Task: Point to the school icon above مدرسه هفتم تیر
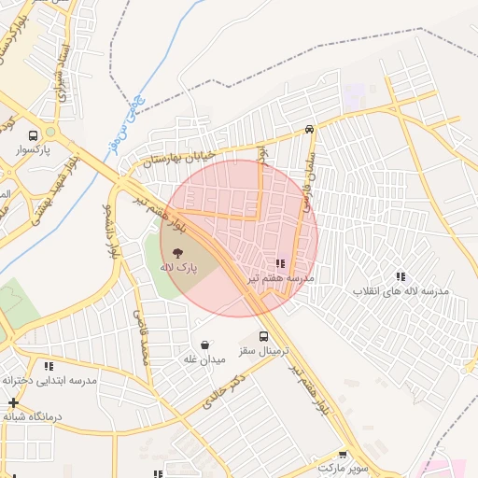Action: click(x=281, y=264)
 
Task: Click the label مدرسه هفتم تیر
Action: click(x=281, y=279)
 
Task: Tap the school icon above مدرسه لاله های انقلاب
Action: click(x=401, y=276)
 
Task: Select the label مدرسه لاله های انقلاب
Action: click(x=401, y=291)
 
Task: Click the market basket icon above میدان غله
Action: click(x=204, y=344)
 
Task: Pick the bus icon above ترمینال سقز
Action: click(x=263, y=336)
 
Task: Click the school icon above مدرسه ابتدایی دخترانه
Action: click(x=49, y=366)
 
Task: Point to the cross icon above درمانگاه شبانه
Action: click(x=13, y=402)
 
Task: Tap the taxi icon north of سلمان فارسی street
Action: click(x=309, y=130)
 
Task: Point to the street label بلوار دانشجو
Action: click(x=110, y=230)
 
